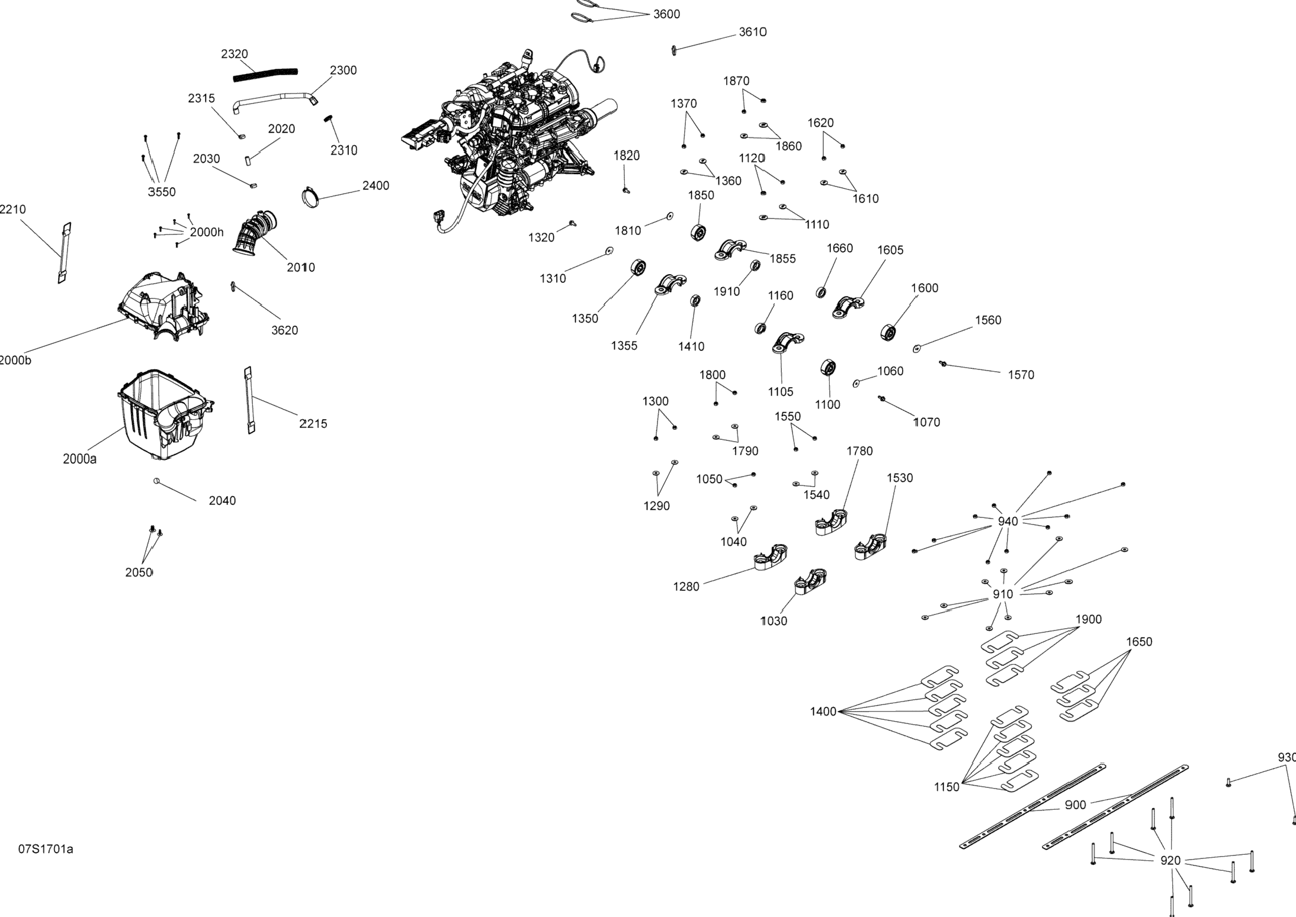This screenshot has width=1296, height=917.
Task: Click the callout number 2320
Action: coord(235,54)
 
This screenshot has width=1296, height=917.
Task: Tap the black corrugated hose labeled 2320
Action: coord(265,74)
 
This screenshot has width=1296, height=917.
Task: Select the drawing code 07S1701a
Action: coord(46,849)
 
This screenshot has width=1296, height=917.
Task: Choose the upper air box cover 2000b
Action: coord(163,305)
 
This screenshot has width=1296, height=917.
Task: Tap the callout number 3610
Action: coord(752,32)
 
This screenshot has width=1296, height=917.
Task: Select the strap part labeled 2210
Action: coord(65,253)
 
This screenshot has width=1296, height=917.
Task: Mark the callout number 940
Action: coord(1008,521)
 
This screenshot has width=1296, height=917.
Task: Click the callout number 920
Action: coord(1170,861)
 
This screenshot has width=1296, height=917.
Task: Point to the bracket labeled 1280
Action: coord(770,558)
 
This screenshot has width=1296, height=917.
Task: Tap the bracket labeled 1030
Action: coord(810,582)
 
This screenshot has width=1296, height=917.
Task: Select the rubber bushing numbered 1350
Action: coord(638,268)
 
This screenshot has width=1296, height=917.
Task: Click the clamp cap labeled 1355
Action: coord(671,284)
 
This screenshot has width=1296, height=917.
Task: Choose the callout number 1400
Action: coord(823,712)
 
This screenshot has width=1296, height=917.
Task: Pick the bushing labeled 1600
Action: coord(888,333)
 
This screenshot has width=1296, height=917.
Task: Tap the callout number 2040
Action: coord(222,501)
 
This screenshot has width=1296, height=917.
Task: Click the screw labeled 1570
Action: coord(943,364)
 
